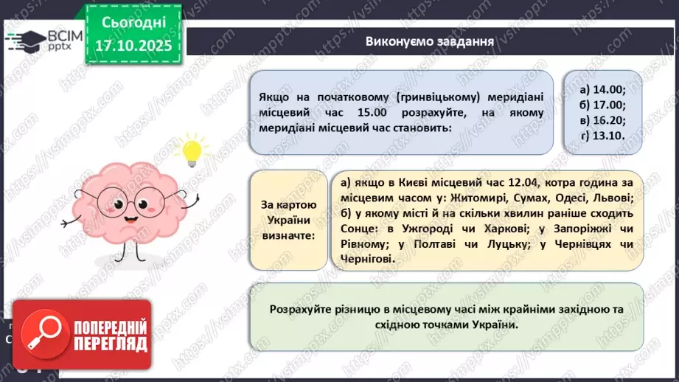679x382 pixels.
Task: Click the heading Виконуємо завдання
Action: (x=430, y=41)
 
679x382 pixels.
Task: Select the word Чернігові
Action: (x=367, y=258)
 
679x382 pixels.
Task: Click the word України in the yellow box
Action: (x=288, y=219)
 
